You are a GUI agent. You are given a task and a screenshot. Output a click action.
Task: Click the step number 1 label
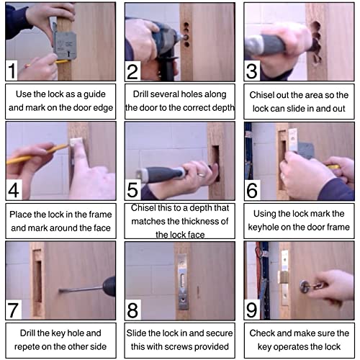[x=12, y=71]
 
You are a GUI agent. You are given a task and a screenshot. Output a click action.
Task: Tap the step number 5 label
[x=132, y=189]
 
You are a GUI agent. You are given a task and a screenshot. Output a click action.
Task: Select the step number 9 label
[x=251, y=310]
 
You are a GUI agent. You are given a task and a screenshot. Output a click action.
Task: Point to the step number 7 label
[x=13, y=310]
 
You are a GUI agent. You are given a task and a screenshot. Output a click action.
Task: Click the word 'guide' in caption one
[x=94, y=94]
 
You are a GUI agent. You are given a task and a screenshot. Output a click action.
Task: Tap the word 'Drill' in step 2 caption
[x=140, y=94]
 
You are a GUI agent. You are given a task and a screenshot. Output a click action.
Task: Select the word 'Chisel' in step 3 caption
[x=261, y=95]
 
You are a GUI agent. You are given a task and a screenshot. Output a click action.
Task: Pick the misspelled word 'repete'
[x=27, y=347]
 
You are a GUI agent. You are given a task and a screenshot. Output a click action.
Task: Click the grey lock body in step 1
[x=66, y=45]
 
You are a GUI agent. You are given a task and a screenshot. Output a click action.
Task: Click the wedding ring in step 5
[x=201, y=174]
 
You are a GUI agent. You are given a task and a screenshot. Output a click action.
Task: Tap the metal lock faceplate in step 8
[x=183, y=282]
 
